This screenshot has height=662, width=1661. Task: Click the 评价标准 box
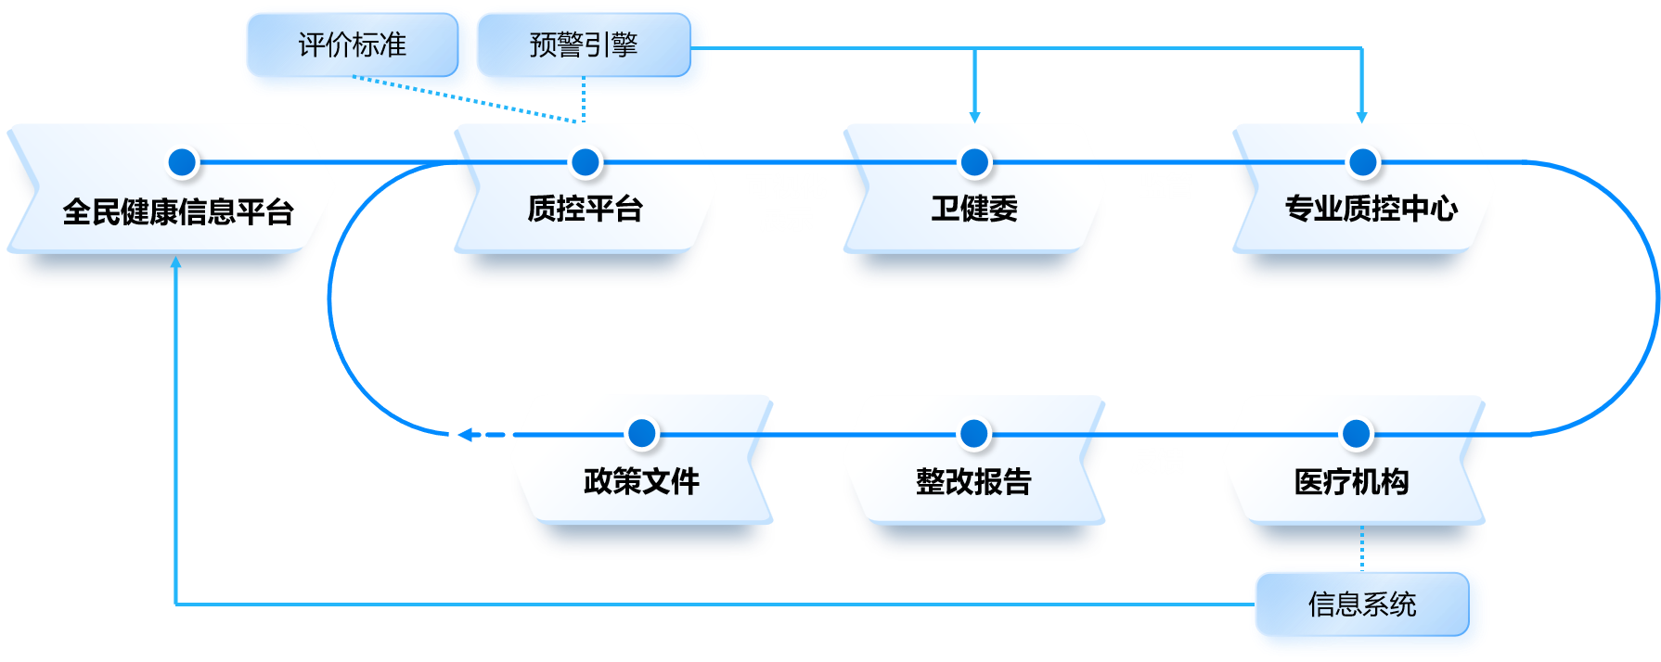click(x=353, y=45)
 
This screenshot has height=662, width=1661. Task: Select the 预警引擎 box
click(x=585, y=45)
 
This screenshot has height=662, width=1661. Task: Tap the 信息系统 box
click(x=1362, y=605)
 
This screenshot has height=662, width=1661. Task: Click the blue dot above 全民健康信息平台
click(x=183, y=162)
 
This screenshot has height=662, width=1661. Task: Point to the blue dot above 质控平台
click(x=586, y=162)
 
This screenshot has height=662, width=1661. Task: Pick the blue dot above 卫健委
click(x=974, y=162)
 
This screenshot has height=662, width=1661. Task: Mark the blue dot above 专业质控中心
click(x=1362, y=162)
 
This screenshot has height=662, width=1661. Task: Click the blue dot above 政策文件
click(x=642, y=433)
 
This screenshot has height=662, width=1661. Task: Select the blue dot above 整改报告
click(x=974, y=433)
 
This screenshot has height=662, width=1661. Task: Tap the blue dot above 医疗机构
click(x=1357, y=433)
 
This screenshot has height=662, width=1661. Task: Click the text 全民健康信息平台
click(x=177, y=211)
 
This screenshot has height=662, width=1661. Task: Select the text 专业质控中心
click(x=1370, y=209)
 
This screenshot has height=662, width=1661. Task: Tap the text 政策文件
click(x=641, y=481)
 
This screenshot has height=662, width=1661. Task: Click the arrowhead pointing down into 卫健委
click(x=974, y=117)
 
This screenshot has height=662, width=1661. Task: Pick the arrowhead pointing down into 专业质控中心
click(x=1362, y=117)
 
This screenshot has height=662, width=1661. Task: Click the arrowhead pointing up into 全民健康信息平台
click(x=175, y=262)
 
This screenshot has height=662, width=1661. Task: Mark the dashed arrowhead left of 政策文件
click(x=465, y=434)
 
